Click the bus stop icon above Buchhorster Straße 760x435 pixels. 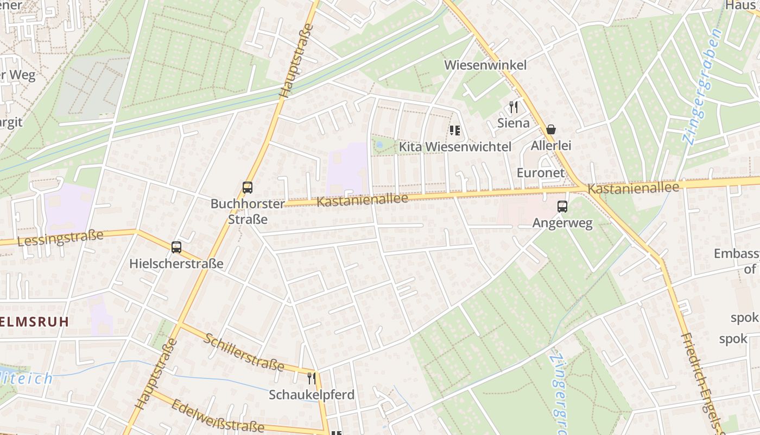pyautogui.click(x=248, y=188)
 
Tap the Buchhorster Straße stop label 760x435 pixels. pyautogui.click(x=248, y=212)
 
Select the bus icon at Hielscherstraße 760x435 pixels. pyautogui.click(x=176, y=247)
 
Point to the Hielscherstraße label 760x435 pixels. pyautogui.click(x=176, y=264)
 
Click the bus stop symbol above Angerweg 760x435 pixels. pyautogui.click(x=562, y=207)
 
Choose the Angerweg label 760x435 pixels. pyautogui.click(x=562, y=223)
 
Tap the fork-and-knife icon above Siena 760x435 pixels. pyautogui.click(x=514, y=107)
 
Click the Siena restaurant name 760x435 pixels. pyautogui.click(x=514, y=123)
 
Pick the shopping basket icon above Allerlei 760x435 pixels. pyautogui.click(x=551, y=129)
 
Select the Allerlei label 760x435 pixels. pyautogui.click(x=551, y=146)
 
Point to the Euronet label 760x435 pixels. pyautogui.click(x=541, y=173)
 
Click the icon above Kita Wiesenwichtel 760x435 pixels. pyautogui.click(x=455, y=130)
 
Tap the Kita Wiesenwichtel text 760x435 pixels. pyautogui.click(x=455, y=147)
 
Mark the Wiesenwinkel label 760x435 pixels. pyautogui.click(x=485, y=65)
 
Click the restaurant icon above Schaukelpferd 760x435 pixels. pyautogui.click(x=312, y=378)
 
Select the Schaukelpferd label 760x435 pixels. pyautogui.click(x=312, y=395)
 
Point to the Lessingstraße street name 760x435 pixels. pyautogui.click(x=60, y=238)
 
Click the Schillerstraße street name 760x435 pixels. pyautogui.click(x=244, y=352)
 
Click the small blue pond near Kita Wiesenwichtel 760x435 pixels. pyautogui.click(x=379, y=145)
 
